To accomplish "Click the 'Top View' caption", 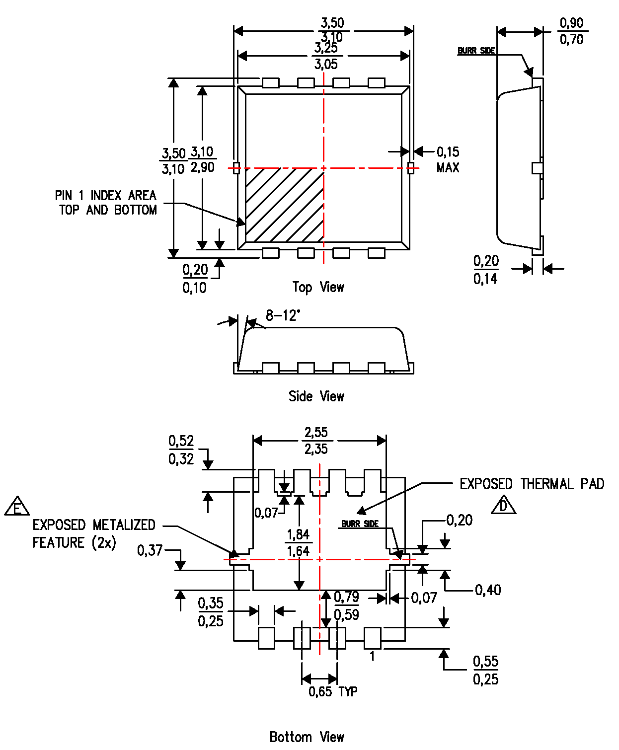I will pos(318,287).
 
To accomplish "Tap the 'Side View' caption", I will pos(316,396).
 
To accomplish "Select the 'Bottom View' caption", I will pos(307,737).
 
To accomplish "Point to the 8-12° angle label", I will pos(283,315).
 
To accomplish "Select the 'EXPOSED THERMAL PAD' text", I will pos(532,484).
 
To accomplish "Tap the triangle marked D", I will pos(503,506).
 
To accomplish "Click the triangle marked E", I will pos(17,507).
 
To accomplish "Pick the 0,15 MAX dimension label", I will pos(448,159).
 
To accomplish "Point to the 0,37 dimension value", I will pos(150,550).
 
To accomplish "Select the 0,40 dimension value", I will pos(488,590).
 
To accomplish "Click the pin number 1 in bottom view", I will pos(372,657).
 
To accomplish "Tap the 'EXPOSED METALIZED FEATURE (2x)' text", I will pos(93,533).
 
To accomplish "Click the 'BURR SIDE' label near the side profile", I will pos(476,51).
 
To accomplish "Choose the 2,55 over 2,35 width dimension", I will pos(316,441).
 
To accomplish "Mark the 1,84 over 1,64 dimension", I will pos(298,543).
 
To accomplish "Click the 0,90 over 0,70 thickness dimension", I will pos(571,31).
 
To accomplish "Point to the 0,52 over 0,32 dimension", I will pos(181,450).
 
